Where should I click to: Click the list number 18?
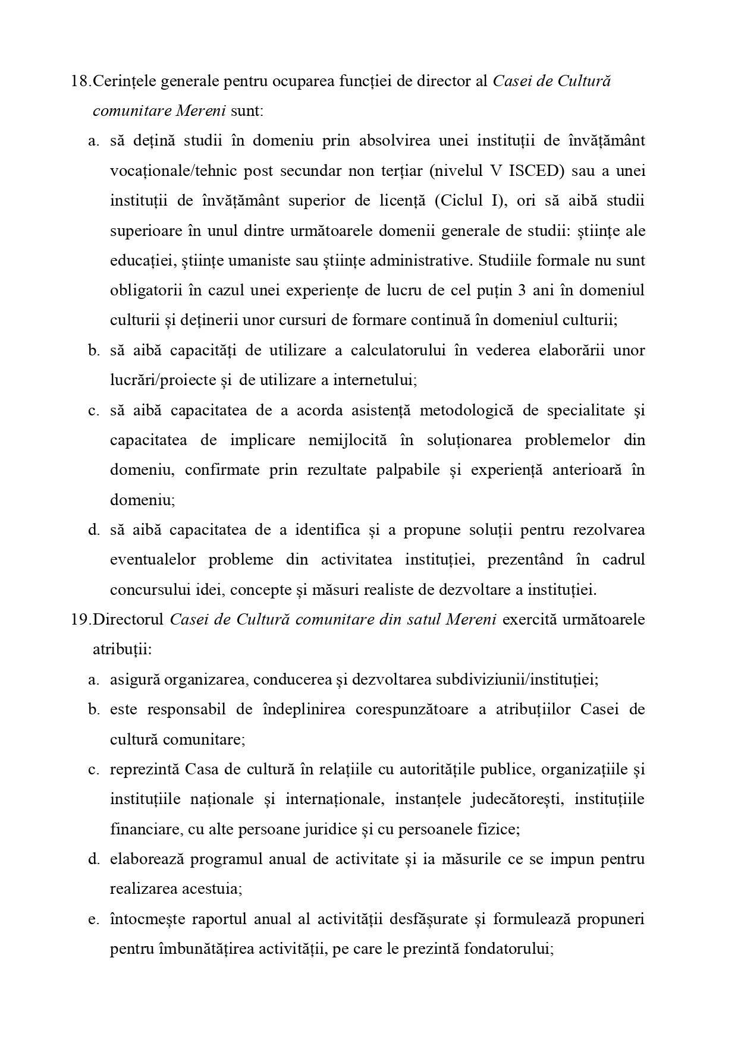point(80,81)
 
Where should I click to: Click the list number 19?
point(80,619)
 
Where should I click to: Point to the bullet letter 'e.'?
point(93,919)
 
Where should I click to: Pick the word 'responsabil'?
point(184,710)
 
